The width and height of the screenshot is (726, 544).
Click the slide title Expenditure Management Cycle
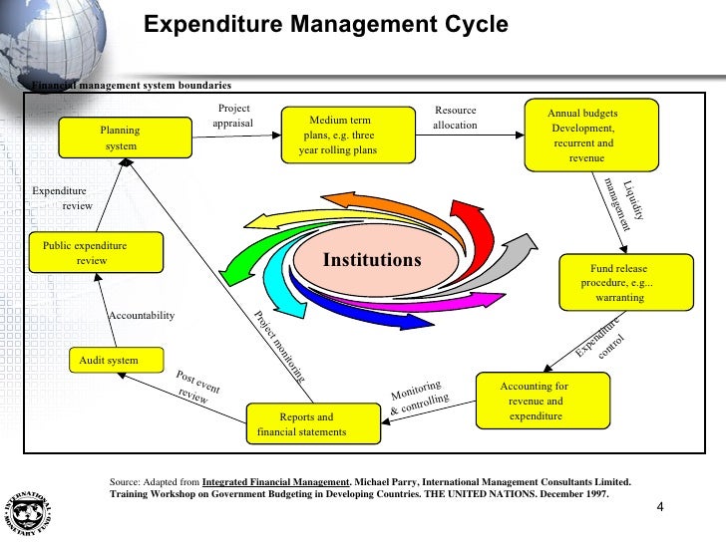[x=326, y=25]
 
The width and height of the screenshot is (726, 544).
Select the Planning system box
[x=120, y=138]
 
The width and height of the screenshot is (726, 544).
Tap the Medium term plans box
[x=338, y=136]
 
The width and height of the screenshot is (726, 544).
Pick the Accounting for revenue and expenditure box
[x=536, y=401]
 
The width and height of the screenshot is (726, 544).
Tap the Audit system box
[x=108, y=360]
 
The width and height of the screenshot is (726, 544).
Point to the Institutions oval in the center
[x=372, y=260]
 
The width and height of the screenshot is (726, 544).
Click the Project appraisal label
[x=233, y=117]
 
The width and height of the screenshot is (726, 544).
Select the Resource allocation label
[x=456, y=118]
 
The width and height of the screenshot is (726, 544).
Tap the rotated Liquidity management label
[x=623, y=203]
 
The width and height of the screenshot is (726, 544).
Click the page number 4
[x=659, y=509]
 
